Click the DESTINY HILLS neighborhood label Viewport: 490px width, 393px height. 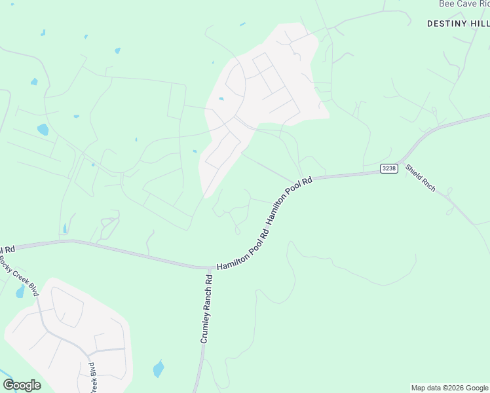tap(458, 23)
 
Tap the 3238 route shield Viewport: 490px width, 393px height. tap(388, 169)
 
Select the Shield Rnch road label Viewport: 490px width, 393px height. tap(420, 177)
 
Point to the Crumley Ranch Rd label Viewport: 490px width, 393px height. tap(207, 309)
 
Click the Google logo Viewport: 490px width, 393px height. tap(22, 384)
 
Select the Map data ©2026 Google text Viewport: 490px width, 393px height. tap(450, 388)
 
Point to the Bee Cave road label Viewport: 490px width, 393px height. tap(463, 4)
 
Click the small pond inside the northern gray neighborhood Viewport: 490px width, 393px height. tap(221, 99)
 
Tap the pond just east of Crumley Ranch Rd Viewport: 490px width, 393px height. tap(159, 369)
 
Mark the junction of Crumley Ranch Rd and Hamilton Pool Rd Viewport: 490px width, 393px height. tap(209, 267)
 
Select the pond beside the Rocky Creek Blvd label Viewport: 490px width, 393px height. tap(20, 291)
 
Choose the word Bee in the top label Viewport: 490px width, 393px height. tap(445, 4)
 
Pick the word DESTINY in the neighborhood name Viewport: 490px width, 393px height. tap(447, 23)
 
